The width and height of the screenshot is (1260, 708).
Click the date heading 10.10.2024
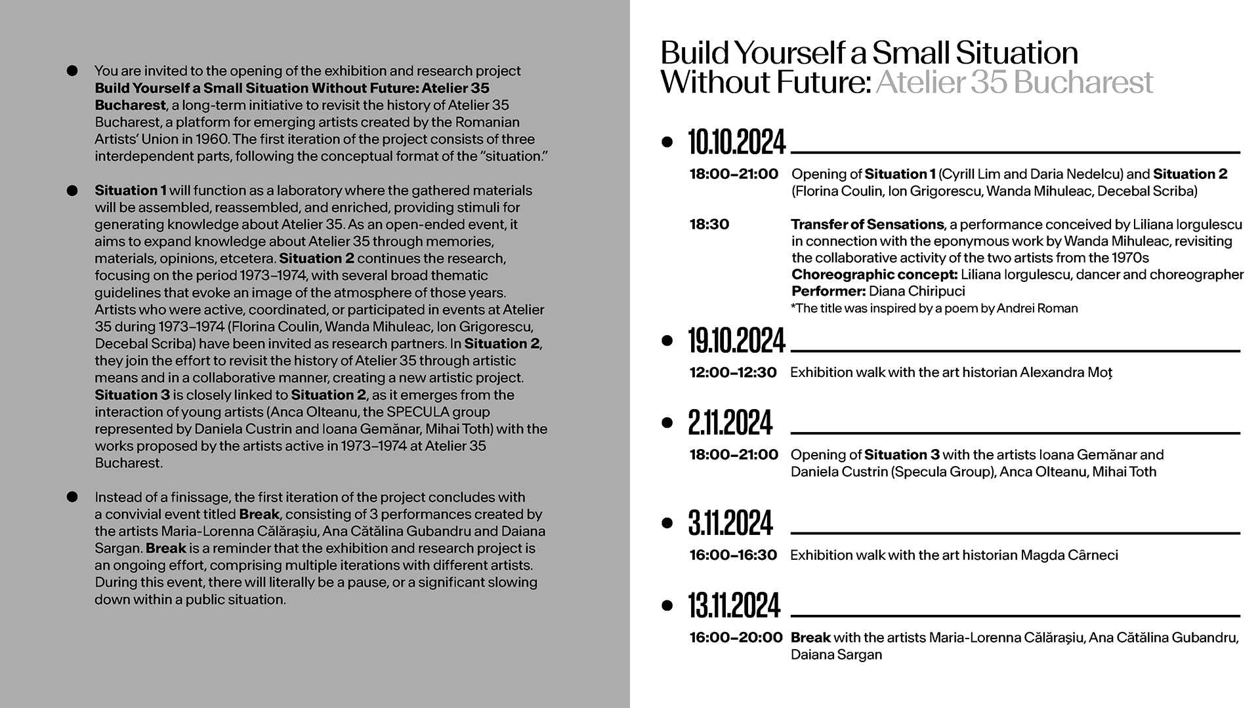tap(736, 142)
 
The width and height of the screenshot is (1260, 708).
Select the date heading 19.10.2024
tap(736, 341)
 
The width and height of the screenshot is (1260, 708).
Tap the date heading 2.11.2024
tap(730, 423)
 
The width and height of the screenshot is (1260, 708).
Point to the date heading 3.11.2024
tap(730, 523)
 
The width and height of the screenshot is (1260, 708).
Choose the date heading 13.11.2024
tap(734, 606)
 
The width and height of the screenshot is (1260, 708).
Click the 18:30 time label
tap(709, 224)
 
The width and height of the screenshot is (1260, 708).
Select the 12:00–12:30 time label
tap(732, 372)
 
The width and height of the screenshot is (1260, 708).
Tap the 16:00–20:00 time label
tap(736, 637)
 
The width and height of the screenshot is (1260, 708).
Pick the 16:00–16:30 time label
tap(733, 555)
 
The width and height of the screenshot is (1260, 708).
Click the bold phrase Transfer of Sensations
tap(867, 224)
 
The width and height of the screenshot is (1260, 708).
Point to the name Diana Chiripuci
tap(917, 291)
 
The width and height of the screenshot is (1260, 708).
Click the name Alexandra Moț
tap(1066, 372)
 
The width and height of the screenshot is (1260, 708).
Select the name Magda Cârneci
tap(1069, 555)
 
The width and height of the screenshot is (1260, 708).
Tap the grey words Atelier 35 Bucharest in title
tap(1014, 83)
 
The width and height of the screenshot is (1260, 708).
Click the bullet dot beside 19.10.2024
tap(668, 340)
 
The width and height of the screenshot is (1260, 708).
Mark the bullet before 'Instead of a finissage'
tap(72, 497)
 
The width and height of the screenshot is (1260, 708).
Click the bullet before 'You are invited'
tap(72, 71)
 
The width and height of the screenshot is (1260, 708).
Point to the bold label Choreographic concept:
tap(874, 274)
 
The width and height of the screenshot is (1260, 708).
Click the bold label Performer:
tap(828, 291)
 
